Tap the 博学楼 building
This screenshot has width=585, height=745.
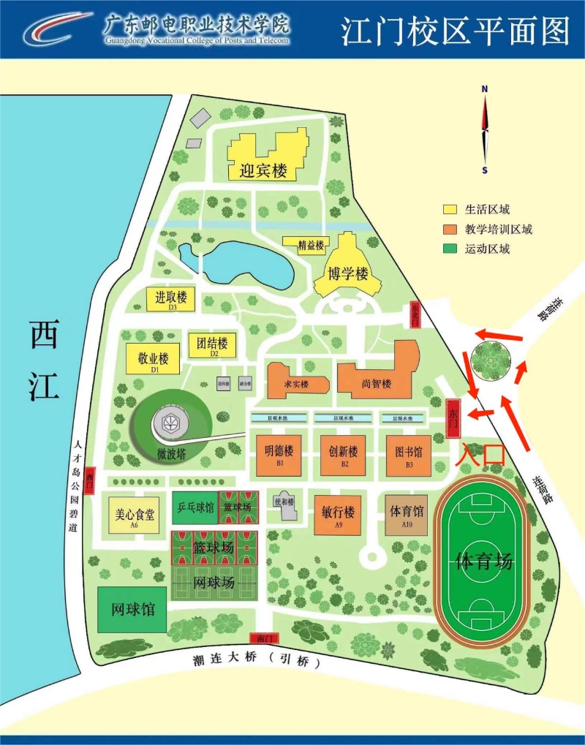pyautogui.click(x=347, y=273)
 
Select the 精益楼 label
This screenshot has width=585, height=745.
pyautogui.click(x=310, y=246)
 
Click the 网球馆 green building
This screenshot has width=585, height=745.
pyautogui.click(x=132, y=609)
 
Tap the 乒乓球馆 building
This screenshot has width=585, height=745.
pyautogui.click(x=195, y=507)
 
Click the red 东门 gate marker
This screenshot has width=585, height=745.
pyautogui.click(x=453, y=419)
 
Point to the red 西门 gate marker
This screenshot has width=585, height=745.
pyautogui.click(x=89, y=480)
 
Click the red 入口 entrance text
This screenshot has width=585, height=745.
pyautogui.click(x=480, y=453)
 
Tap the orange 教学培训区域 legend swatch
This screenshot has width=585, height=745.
pyautogui.click(x=450, y=229)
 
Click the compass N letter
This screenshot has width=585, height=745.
pyautogui.click(x=484, y=89)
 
